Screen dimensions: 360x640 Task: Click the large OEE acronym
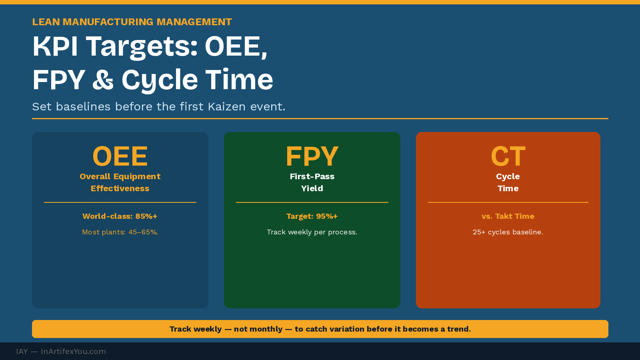tap(120, 156)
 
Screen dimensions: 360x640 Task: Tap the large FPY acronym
tap(312, 156)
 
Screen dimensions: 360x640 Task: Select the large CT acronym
tap(508, 156)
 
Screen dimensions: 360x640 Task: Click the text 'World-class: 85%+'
tap(120, 216)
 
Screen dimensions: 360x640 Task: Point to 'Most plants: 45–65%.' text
tap(120, 232)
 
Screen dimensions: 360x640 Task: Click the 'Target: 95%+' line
tap(312, 216)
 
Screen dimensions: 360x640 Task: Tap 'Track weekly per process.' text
tap(312, 232)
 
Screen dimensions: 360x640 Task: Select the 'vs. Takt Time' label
tap(508, 216)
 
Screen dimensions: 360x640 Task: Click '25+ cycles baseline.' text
tap(508, 232)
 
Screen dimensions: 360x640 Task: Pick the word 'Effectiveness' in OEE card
tap(120, 188)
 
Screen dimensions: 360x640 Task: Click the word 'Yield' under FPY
tap(312, 188)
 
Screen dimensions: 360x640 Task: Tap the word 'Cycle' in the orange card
tap(508, 176)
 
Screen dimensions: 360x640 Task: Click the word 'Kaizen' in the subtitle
tap(226, 107)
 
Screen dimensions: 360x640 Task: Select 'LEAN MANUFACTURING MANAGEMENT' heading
tap(132, 22)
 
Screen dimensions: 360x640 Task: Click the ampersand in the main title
tap(103, 80)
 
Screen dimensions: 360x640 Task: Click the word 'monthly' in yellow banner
tap(258, 329)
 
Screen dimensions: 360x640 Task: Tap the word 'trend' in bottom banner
tap(458, 329)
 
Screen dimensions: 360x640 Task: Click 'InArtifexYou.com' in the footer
tap(73, 352)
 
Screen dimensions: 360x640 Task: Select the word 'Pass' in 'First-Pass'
tap(325, 176)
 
